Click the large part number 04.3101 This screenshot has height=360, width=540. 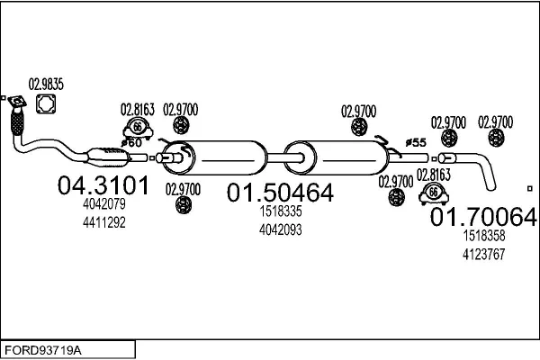click(x=91, y=186)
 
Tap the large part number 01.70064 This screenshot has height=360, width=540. click(x=483, y=217)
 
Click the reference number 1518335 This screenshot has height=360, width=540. click(x=281, y=212)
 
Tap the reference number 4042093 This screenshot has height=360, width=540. click(x=281, y=229)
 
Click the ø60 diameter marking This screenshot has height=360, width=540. click(x=132, y=143)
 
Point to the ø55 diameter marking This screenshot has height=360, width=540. click(x=415, y=142)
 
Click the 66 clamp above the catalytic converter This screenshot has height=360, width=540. click(x=138, y=128)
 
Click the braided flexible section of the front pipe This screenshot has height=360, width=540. click(x=17, y=121)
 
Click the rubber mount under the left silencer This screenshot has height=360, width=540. click(x=183, y=204)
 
